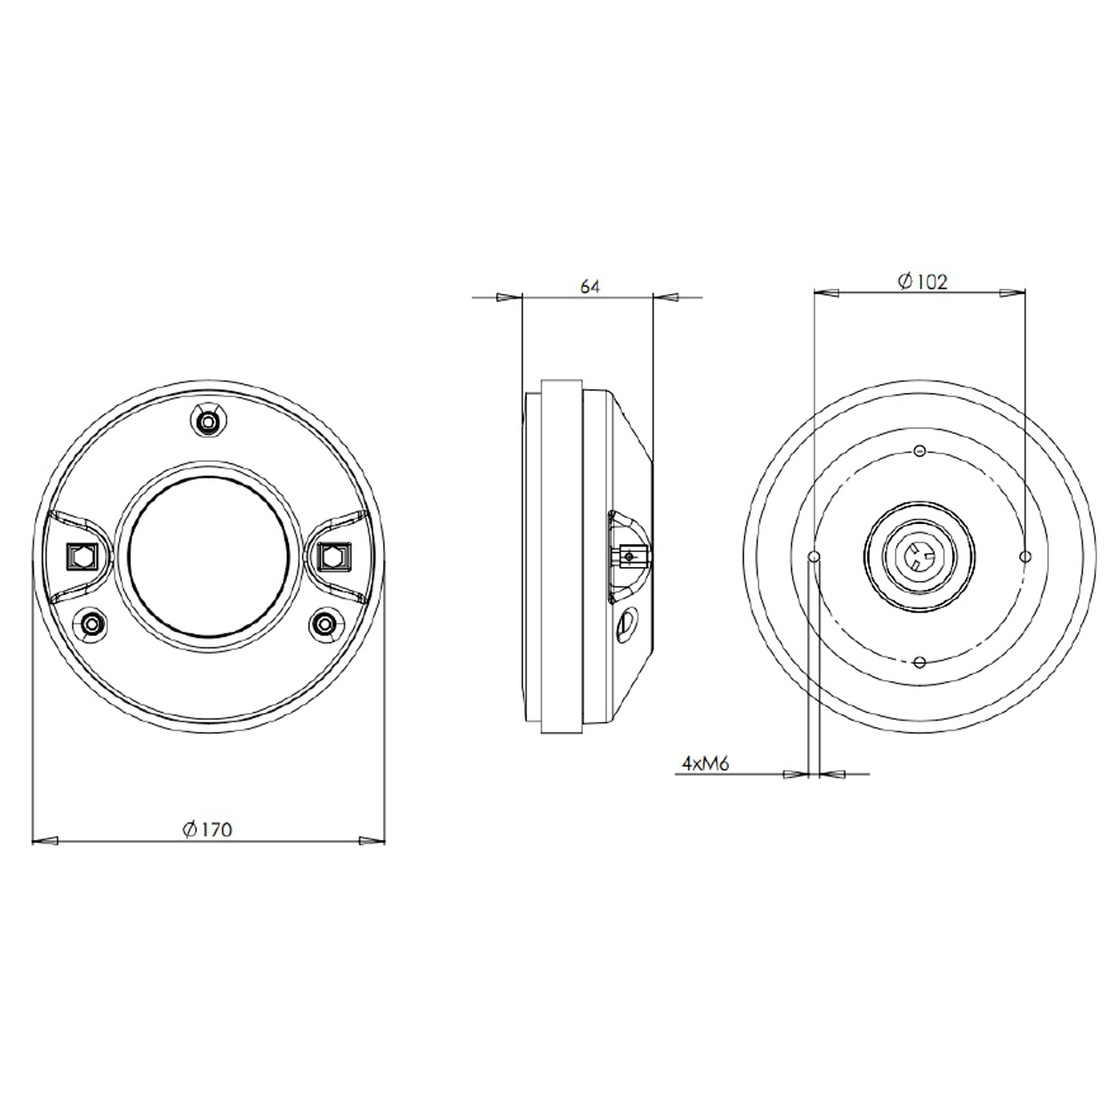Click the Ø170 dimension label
coord(207,829)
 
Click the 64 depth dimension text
coord(590,286)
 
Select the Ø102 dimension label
coord(922,282)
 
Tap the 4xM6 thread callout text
coord(705,764)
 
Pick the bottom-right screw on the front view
coord(325,624)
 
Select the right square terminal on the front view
coord(333,556)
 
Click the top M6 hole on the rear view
coord(919,451)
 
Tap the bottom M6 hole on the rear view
coord(919,661)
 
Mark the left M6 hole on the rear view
coord(814,556)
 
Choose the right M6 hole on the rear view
coord(1025,556)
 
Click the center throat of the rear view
coord(919,556)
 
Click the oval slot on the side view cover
coord(627,622)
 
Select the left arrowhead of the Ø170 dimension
coord(44,842)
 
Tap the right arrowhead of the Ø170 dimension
coord(372,842)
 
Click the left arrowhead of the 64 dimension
coord(508,298)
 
